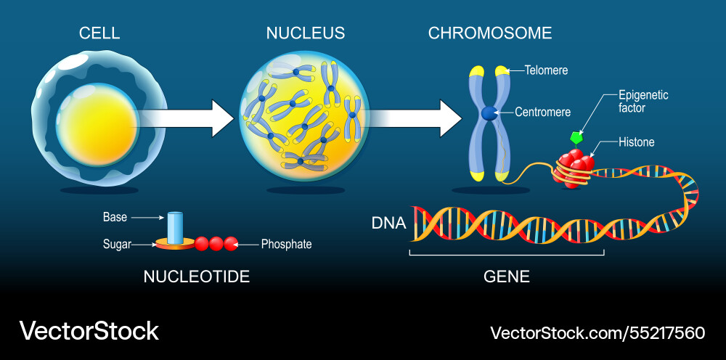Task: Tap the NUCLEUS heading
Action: (x=305, y=33)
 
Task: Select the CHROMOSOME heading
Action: (x=490, y=33)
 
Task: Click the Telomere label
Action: (x=547, y=70)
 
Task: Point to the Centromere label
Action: (x=542, y=112)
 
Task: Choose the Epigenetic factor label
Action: (x=643, y=102)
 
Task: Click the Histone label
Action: (x=637, y=142)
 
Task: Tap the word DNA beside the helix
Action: (x=388, y=224)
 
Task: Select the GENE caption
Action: (x=506, y=277)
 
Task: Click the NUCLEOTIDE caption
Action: (x=196, y=277)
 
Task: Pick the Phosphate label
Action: (x=286, y=245)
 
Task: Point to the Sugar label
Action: (x=116, y=245)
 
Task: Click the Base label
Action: (x=115, y=216)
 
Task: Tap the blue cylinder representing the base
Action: (x=174, y=227)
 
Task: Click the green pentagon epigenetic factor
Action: (x=577, y=136)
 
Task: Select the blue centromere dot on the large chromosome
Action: (x=489, y=113)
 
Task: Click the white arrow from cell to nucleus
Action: (x=185, y=118)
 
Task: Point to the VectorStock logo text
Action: (x=89, y=331)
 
